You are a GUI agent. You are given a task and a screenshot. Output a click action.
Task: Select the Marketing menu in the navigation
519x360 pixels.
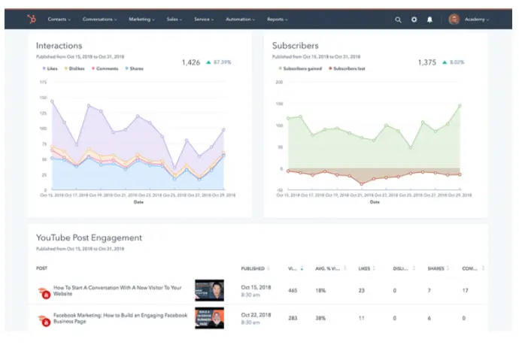[141, 19]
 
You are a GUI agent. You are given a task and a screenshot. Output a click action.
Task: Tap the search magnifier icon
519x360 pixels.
[398, 20]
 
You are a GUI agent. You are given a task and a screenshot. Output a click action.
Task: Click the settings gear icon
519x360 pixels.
[414, 20]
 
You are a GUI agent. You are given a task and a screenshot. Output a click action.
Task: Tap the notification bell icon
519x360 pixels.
[429, 20]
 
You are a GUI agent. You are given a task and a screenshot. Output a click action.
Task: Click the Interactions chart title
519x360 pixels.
[59, 46]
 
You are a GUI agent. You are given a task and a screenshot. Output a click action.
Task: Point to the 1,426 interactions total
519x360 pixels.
[191, 62]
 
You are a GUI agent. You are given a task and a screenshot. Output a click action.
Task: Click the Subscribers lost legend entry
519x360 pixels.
[348, 68]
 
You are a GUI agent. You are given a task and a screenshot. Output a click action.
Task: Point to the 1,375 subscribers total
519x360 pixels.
[427, 62]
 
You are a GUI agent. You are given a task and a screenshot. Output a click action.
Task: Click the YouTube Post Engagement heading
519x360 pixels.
[89, 237]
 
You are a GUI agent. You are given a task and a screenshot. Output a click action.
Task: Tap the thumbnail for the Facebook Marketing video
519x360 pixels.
[210, 318]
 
